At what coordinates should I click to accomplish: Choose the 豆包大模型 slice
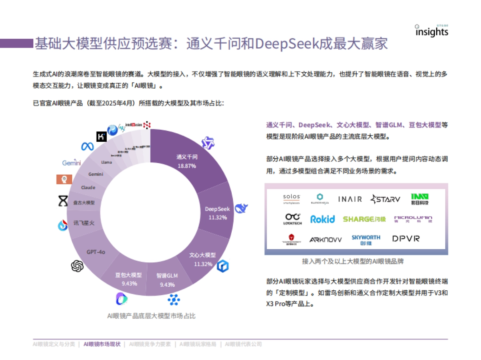coord(129,279)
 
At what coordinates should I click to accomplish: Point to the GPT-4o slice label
coord(96,252)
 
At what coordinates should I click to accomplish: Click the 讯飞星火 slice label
coord(84,223)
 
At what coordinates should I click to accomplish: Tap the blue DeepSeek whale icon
coord(241,208)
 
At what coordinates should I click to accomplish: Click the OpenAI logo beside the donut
coord(77,265)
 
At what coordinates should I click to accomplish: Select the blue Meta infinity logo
coord(87,147)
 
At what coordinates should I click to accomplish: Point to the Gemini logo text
coord(72,163)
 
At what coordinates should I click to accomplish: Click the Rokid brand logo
coord(322,219)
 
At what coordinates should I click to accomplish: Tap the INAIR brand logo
coord(350,199)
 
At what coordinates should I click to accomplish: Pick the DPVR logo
coord(406,239)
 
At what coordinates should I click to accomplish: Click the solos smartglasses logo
coord(291,198)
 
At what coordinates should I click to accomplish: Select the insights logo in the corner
coord(431,31)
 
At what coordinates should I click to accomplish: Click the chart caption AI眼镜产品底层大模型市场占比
coord(151,316)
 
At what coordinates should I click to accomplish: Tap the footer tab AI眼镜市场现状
coord(102,344)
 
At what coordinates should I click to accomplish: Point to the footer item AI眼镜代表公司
coord(243,344)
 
